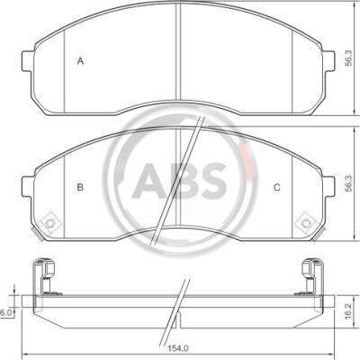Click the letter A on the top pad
[80, 61]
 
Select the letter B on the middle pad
[80, 187]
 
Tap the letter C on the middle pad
[277, 188]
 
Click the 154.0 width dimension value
[179, 348]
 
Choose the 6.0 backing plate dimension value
[5, 313]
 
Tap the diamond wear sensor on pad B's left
[50, 222]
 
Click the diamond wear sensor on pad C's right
[306, 223]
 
